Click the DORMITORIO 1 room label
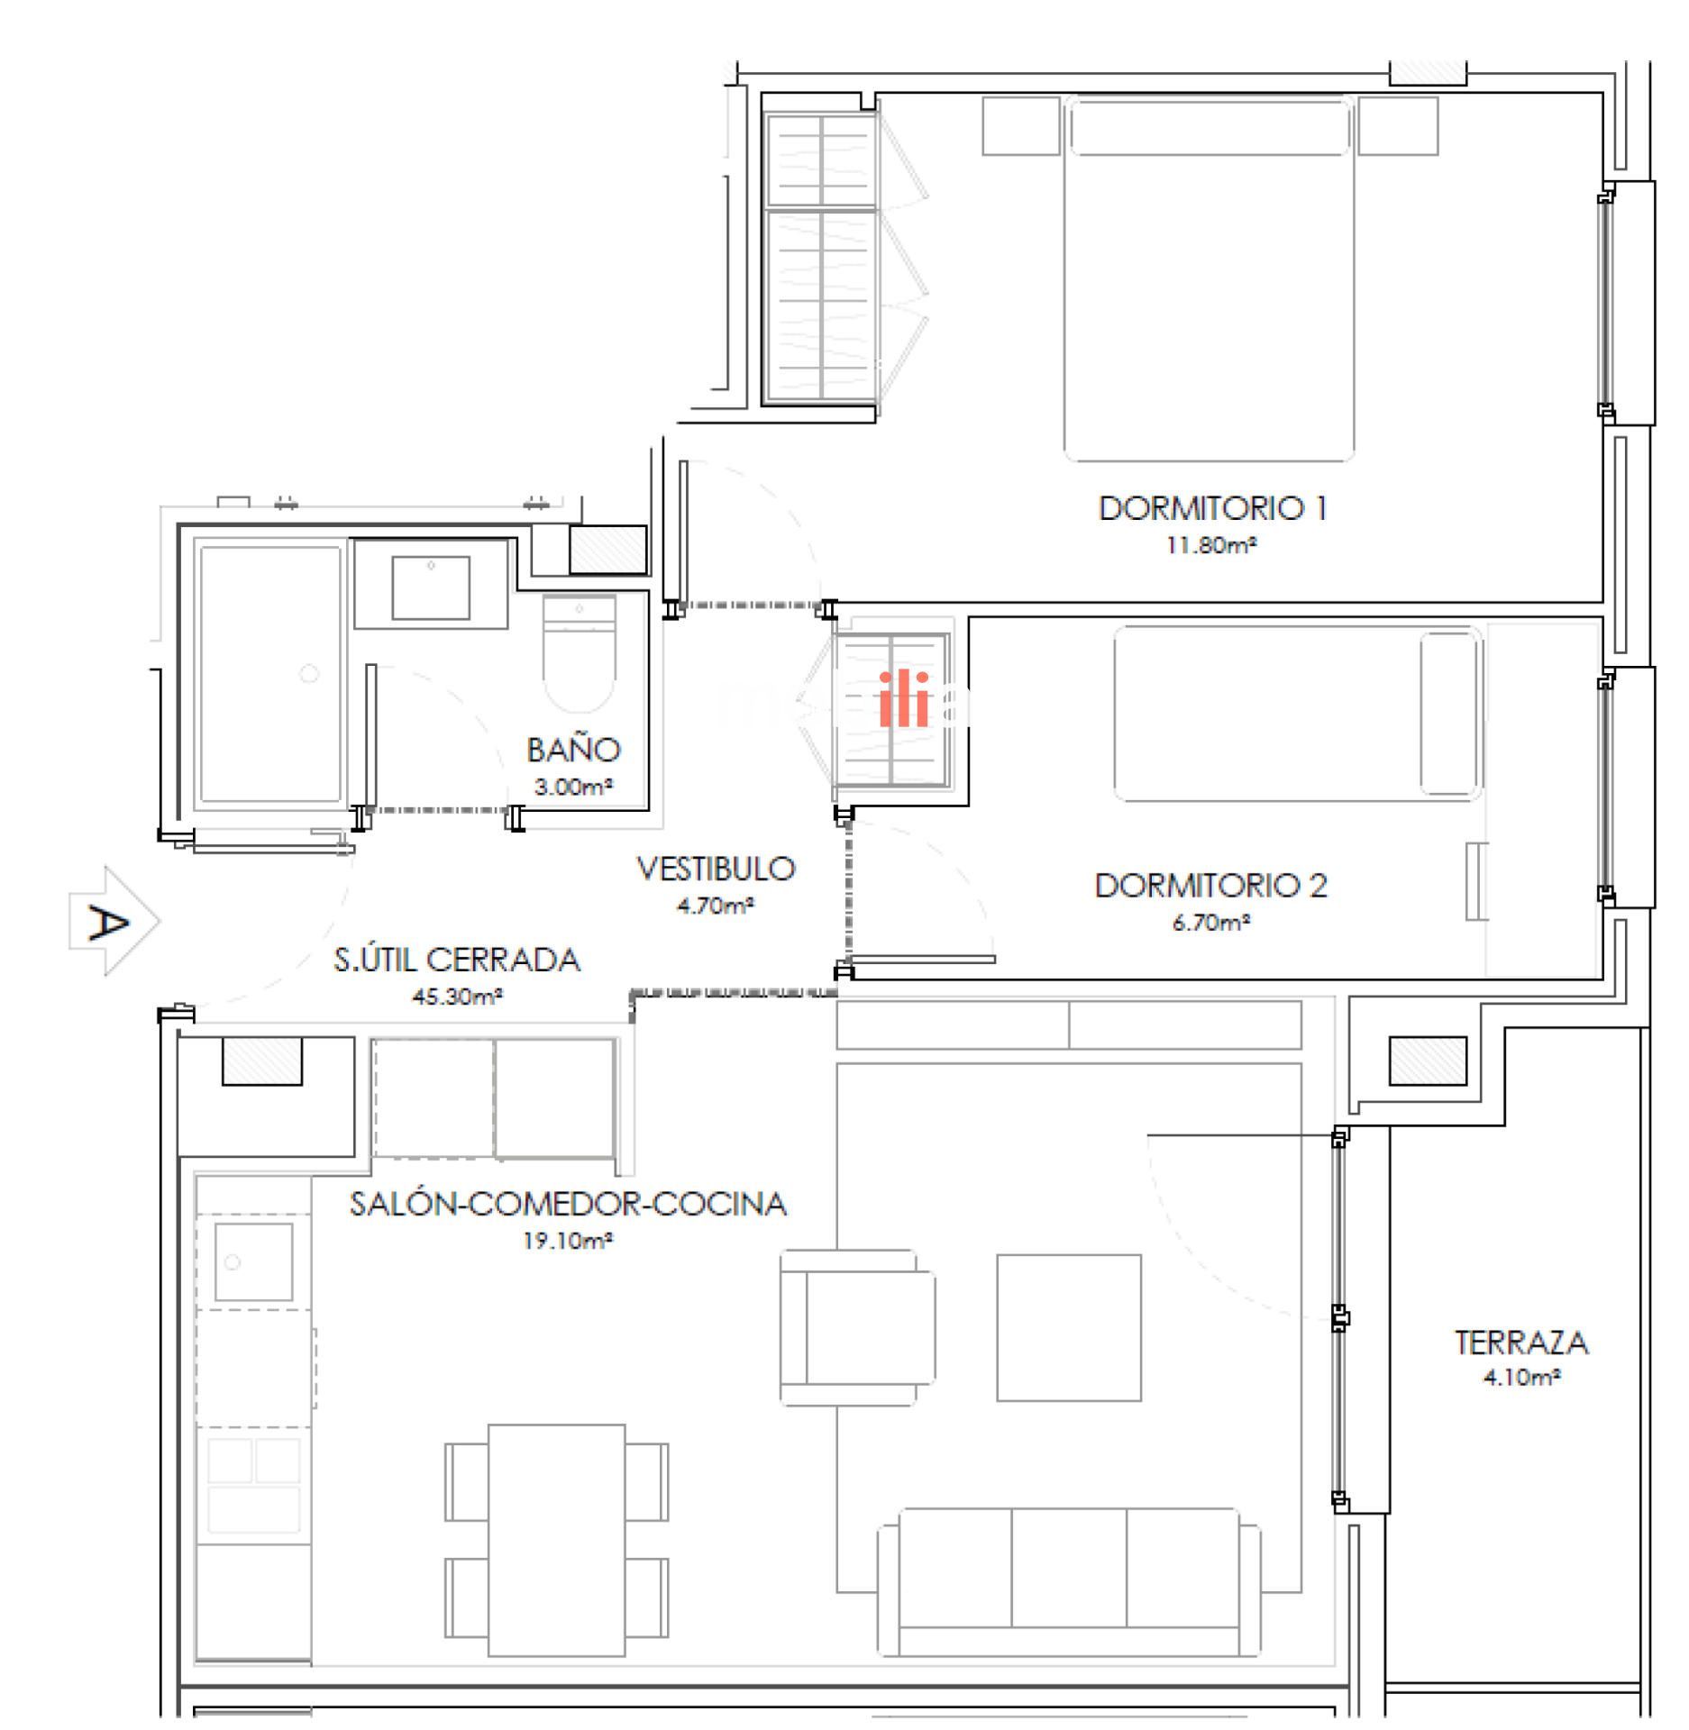pos(1212,509)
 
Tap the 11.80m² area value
pos(1211,546)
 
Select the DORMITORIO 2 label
pos(1210,886)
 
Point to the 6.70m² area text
pos(1210,923)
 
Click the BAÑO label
pos(574,749)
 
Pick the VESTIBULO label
pos(716,869)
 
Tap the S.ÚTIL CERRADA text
pos(457,960)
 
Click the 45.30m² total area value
pos(457,997)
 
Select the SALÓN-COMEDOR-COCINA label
pos(568,1204)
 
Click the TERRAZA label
pos(1521,1343)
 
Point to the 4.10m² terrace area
pos(1521,1378)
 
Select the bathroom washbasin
pos(431,587)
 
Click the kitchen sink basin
pos(253,1261)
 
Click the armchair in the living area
pos(857,1326)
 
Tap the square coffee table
pos(1069,1327)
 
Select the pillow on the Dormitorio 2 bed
pos(1450,714)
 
